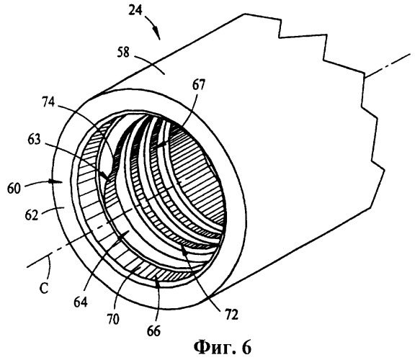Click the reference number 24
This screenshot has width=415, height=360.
pos(136,10)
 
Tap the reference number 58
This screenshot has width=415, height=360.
pos(124,53)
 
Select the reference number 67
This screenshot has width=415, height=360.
pos(198,85)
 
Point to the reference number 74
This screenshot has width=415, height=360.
pos(48,102)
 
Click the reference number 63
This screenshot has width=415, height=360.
pos(35,140)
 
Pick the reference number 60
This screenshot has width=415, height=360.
pos(14,189)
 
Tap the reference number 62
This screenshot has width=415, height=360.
pos(32,215)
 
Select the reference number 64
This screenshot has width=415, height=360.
pos(81,302)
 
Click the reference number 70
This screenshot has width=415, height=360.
pos(112,319)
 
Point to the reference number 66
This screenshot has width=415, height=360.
pos(153,330)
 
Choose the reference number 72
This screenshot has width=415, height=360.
pos(231,315)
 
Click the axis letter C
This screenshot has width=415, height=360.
pos(44,288)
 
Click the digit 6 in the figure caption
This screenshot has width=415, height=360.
pos(246,347)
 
